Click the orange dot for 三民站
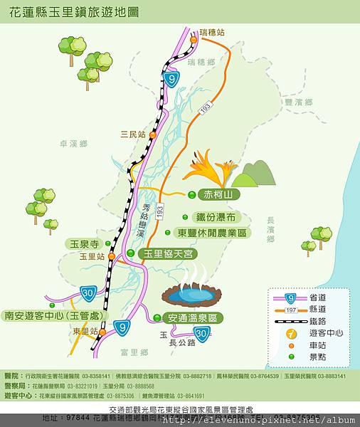pyautogui.click(x=152, y=135)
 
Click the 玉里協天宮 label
pyautogui.click(x=168, y=253)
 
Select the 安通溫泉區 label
pyautogui.click(x=193, y=317)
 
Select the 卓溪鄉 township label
pyautogui.click(x=73, y=143)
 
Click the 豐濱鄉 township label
pyautogui.click(x=298, y=102)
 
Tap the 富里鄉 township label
pyautogui.click(x=133, y=352)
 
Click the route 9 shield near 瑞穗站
pyautogui.click(x=171, y=78)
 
